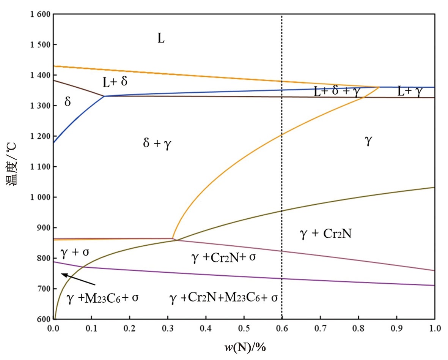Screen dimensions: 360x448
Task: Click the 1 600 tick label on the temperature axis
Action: pyautogui.click(x=39, y=14)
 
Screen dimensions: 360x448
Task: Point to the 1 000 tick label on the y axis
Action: pyautogui.click(x=39, y=197)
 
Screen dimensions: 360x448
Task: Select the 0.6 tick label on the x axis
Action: pyautogui.click(x=281, y=327)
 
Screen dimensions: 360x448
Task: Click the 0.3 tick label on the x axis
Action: pyautogui.click(x=167, y=327)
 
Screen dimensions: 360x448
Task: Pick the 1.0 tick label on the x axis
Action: pyautogui.click(x=434, y=327)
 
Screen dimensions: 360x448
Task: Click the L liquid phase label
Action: pyautogui.click(x=161, y=38)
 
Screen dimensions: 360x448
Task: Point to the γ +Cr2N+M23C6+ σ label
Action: pyautogui.click(x=224, y=297)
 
